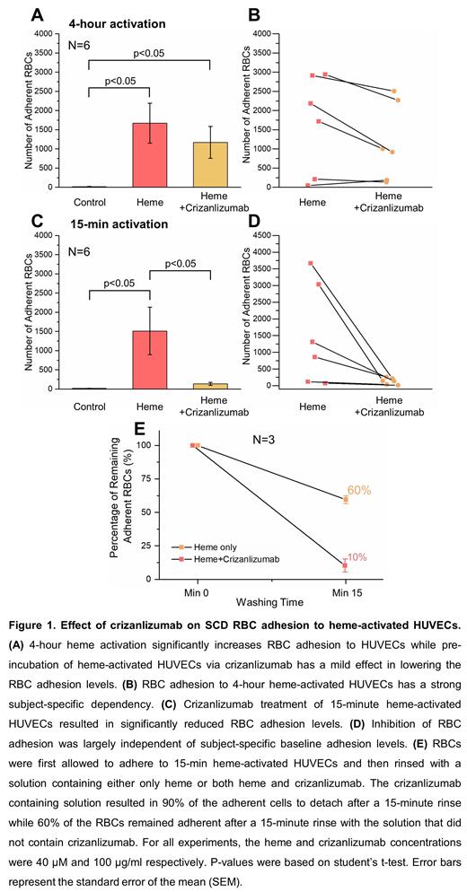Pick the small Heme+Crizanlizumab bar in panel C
[x=208, y=385]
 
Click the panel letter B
[x=254, y=15]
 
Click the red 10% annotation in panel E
[x=357, y=557]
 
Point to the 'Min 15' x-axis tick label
[x=347, y=594]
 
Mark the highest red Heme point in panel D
[x=311, y=263]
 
